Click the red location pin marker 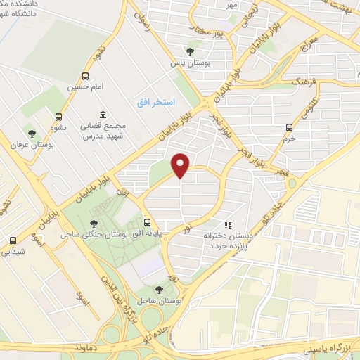(x=181, y=166)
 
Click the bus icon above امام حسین (x=85, y=77)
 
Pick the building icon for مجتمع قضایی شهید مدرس (x=103, y=115)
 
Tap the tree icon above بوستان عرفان (x=31, y=133)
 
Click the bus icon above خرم (x=289, y=127)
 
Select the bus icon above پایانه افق (x=146, y=221)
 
